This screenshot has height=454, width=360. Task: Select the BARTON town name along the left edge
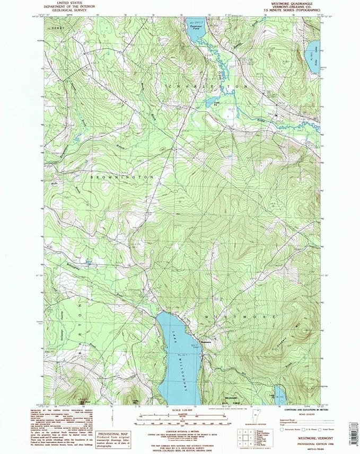(80, 328)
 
